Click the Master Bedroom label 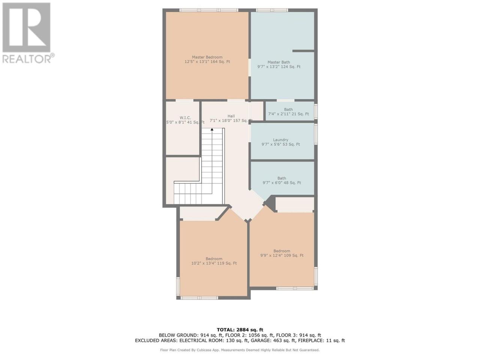[x=207, y=57]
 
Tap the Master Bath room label [x=279, y=62]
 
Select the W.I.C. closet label [x=185, y=118]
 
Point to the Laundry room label [x=280, y=139]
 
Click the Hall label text [x=231, y=116]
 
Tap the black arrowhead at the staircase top [x=212, y=129]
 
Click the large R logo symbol [x=26, y=27]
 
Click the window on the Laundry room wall [x=316, y=134]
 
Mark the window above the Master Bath [x=272, y=10]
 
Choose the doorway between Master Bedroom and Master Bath [x=249, y=67]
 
